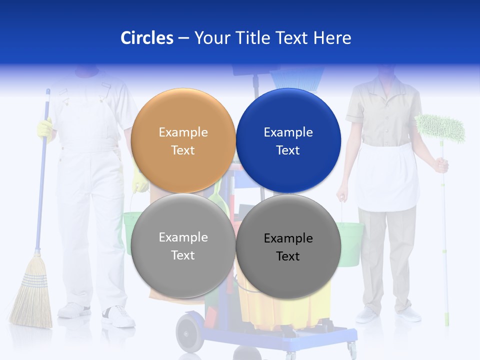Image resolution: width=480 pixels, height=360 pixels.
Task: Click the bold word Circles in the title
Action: [x=146, y=38]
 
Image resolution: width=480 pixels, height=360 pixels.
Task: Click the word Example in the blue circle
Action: [x=288, y=132]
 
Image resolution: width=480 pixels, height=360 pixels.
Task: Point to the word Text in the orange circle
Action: [x=183, y=150]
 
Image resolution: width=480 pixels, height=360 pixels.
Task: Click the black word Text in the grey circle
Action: [x=288, y=256]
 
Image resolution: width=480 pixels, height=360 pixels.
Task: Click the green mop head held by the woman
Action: [x=440, y=128]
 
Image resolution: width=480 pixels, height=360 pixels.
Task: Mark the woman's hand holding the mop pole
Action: [x=441, y=165]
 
